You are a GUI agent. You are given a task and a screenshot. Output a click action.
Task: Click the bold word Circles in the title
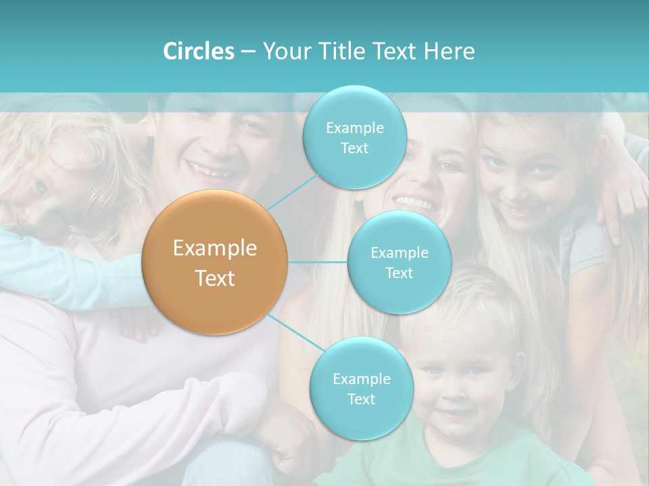pyautogui.click(x=198, y=51)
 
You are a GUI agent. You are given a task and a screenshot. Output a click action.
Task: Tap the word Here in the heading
pyautogui.click(x=449, y=51)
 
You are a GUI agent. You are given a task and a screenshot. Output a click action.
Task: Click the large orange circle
pyautogui.click(x=215, y=263)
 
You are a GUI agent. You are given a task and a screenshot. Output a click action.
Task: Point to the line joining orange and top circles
pyautogui.click(x=293, y=192)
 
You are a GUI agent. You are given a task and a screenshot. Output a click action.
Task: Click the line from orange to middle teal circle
pyautogui.click(x=318, y=262)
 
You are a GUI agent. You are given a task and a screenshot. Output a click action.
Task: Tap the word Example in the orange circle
pyautogui.click(x=215, y=248)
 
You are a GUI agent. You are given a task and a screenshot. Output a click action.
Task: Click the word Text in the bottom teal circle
pyautogui.click(x=361, y=399)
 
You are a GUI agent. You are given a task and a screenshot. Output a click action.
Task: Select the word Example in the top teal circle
pyautogui.click(x=354, y=128)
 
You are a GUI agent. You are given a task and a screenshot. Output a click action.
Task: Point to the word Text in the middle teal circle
pyautogui.click(x=399, y=273)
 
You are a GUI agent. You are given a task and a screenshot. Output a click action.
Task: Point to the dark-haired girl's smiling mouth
pyautogui.click(x=519, y=210)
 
